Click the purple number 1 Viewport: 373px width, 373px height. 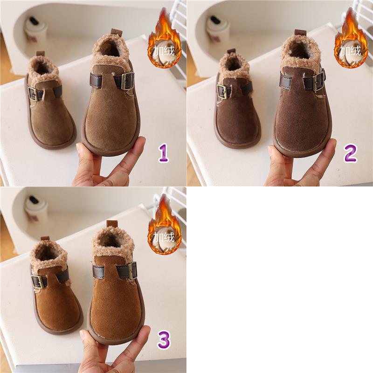coord(164,153)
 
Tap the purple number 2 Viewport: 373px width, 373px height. coord(351,153)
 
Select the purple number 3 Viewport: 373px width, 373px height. coord(164,340)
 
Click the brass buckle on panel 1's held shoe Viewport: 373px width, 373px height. coord(127,81)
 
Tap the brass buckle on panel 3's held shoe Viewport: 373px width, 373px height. coord(132,270)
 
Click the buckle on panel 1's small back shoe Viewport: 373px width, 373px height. coord(33,94)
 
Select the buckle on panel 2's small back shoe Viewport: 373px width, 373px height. coord(222,91)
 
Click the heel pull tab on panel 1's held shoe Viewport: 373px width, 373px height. coord(116,32)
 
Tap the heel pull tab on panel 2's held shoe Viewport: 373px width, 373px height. coord(301,33)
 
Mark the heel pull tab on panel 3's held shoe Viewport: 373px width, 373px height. coord(112,224)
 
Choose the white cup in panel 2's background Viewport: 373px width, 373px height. coord(217,30)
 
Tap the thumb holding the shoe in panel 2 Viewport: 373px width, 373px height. coord(276,162)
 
